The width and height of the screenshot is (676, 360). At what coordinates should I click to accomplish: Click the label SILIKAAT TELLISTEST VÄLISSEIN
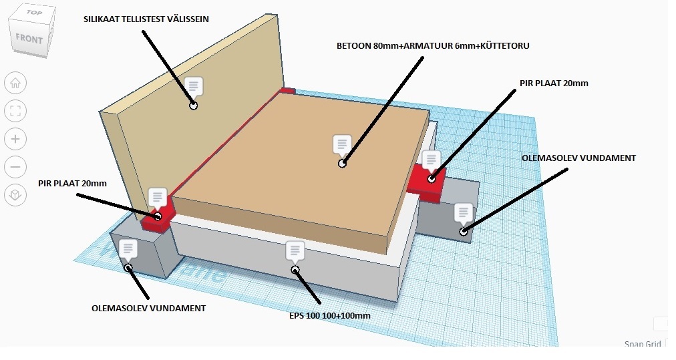146,19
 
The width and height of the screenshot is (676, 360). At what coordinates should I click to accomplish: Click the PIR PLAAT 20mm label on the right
554,83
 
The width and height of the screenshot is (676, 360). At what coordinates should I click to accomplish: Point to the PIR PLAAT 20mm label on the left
72,183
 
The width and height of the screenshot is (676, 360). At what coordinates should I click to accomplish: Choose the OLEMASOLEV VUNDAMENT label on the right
578,158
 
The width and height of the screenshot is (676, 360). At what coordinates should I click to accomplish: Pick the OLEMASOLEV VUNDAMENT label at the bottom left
148,308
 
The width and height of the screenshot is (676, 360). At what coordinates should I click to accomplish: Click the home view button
15,83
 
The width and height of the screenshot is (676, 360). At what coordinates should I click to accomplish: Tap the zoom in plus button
15,139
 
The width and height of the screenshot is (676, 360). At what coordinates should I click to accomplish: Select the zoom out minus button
15,167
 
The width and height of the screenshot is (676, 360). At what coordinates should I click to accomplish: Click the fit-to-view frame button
15,111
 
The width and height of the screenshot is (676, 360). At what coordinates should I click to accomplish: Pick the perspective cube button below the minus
15,195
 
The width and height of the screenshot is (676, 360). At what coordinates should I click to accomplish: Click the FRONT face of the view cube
29,39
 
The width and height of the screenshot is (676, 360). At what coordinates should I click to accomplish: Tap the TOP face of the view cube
33,12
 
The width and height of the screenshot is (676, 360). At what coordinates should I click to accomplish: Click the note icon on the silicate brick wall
194,86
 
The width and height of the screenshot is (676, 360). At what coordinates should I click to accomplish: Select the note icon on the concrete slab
342,144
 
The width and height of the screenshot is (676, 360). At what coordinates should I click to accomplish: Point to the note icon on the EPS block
295,251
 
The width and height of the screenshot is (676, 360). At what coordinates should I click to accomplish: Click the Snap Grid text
643,343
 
